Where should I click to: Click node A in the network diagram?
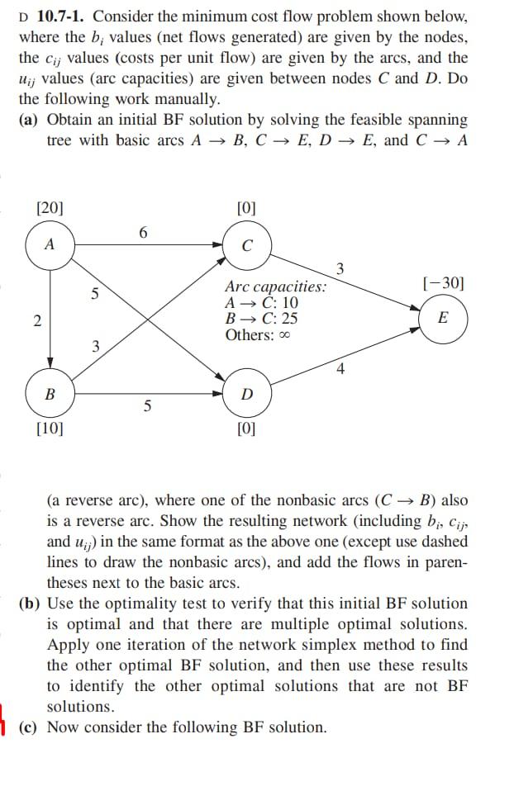(50, 244)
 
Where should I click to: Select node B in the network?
(50, 394)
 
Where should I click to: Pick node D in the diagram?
(247, 394)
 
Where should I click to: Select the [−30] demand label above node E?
(443, 283)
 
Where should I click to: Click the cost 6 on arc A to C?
(143, 233)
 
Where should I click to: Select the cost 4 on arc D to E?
(340, 368)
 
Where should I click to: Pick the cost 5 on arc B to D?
(147, 406)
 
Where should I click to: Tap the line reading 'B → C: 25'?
(261, 319)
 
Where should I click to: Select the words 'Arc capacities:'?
(275, 286)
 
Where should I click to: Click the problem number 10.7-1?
(61, 17)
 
